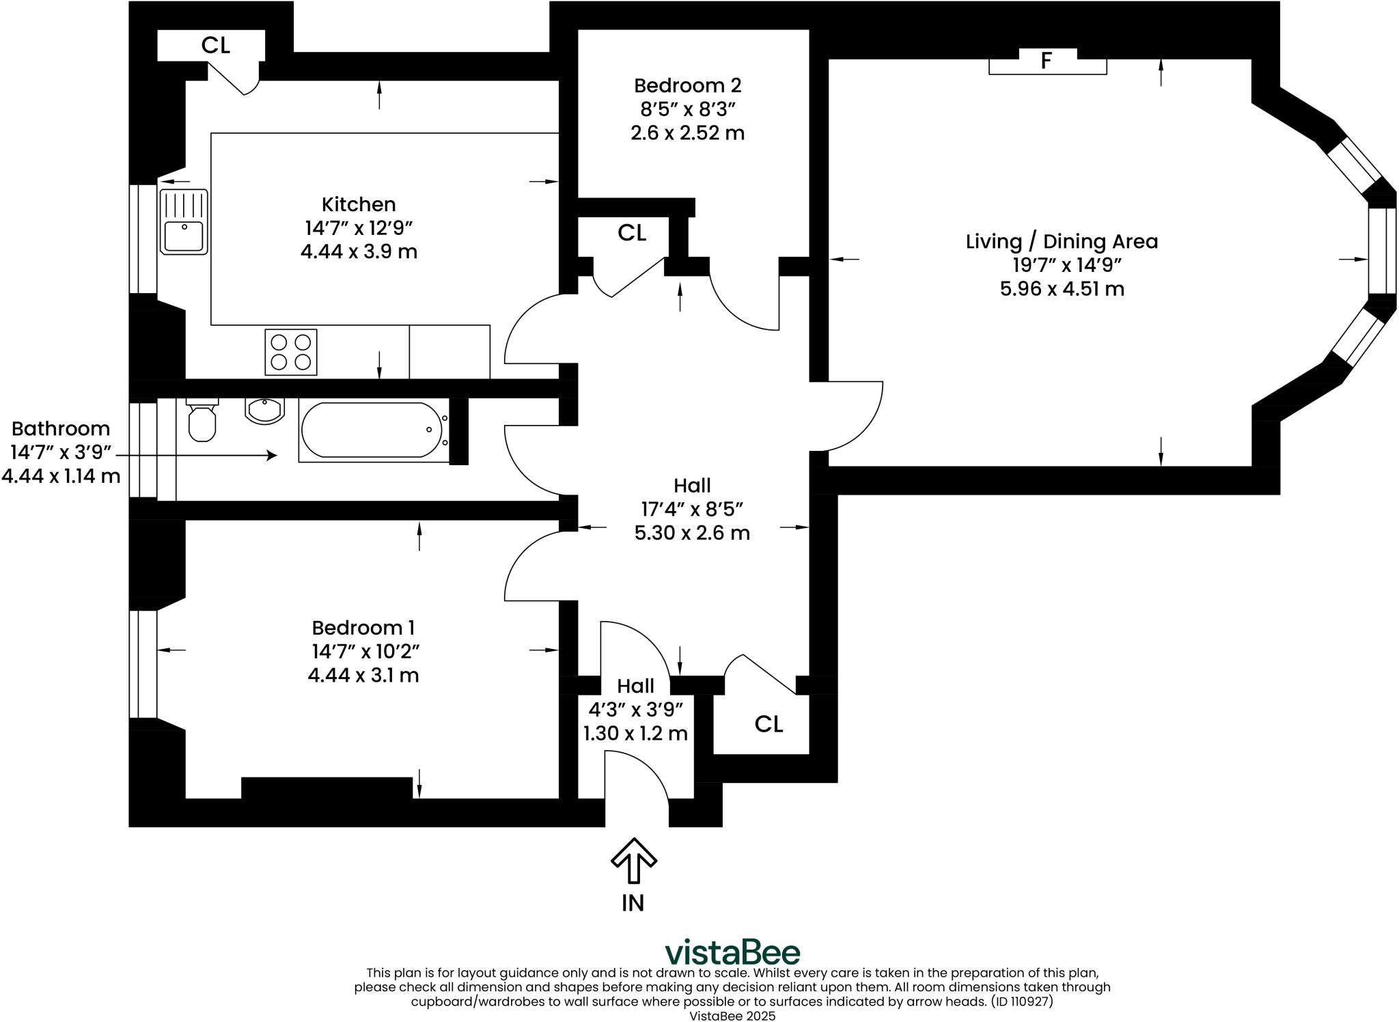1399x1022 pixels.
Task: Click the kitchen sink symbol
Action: click(183, 221)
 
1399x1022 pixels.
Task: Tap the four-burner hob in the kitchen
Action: click(290, 352)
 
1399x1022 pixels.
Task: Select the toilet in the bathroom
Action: click(202, 422)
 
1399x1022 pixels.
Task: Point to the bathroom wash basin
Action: click(264, 411)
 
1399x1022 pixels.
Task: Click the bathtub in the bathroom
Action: click(372, 430)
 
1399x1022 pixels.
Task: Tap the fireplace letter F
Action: click(1046, 61)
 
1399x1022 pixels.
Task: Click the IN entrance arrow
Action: click(633, 861)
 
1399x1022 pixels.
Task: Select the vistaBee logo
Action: click(732, 952)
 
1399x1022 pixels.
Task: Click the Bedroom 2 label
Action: click(687, 85)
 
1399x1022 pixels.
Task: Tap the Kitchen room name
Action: click(359, 204)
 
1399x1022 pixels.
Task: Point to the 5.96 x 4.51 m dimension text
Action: click(1062, 289)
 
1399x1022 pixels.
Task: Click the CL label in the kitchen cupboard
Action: click(215, 45)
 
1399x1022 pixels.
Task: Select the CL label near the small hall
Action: click(768, 724)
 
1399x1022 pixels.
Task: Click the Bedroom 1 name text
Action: click(363, 628)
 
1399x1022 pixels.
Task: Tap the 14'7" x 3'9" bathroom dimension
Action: click(60, 452)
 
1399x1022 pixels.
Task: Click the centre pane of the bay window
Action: click(1381, 250)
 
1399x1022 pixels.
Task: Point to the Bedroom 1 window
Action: click(143, 664)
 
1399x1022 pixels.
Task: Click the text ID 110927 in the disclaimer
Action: click(1021, 1002)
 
